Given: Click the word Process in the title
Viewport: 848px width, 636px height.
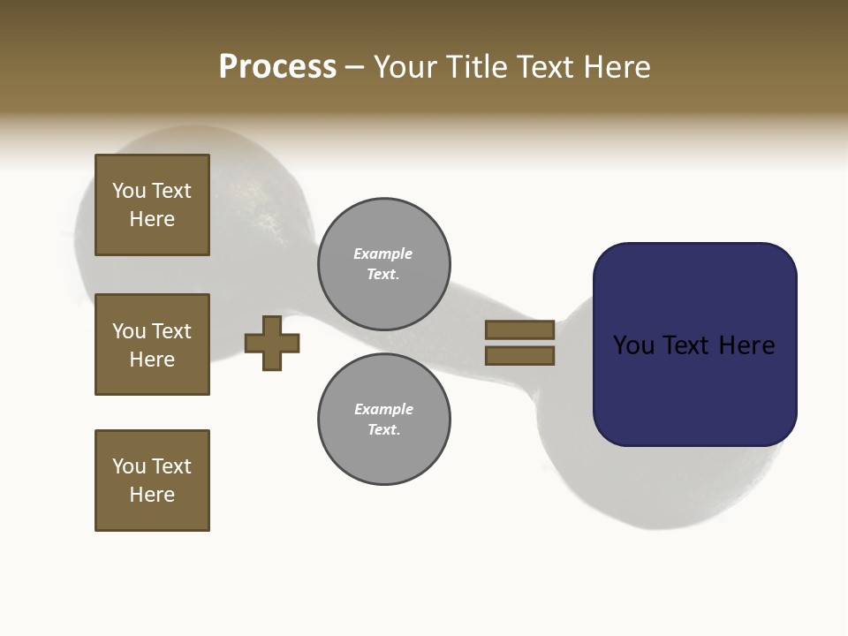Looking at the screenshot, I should coord(277,67).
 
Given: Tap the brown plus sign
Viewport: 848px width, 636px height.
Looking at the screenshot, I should coord(272,344).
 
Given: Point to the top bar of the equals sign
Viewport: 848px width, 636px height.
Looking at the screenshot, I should coord(519,329).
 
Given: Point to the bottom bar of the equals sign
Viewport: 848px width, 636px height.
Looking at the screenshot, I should coord(519,356).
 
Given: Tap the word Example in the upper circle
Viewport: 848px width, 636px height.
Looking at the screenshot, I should coord(383,254).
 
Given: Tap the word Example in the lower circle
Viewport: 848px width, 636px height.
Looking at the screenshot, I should coord(383,409).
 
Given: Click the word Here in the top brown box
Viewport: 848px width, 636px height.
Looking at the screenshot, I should coord(152,219).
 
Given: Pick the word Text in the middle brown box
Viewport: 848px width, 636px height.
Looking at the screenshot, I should coord(171,331).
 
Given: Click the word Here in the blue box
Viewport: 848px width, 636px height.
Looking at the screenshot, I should coord(747,345).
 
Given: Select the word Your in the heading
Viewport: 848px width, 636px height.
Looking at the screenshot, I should coord(402,67).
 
